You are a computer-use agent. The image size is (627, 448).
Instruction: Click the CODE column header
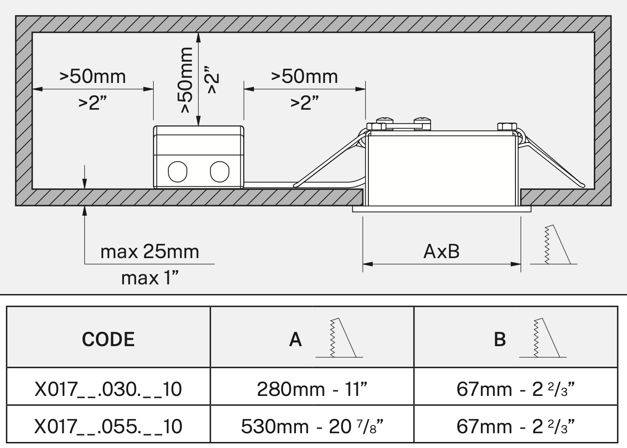pyautogui.click(x=108, y=339)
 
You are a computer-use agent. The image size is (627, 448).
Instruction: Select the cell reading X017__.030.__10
pyautogui.click(x=108, y=389)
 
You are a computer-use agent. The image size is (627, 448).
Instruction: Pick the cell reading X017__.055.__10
pyautogui.click(x=108, y=426)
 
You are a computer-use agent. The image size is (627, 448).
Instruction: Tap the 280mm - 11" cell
pyautogui.click(x=312, y=389)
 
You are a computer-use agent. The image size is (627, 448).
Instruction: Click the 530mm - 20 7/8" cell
pyautogui.click(x=312, y=426)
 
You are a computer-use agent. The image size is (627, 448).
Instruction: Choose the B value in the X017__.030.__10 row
pyautogui.click(x=515, y=389)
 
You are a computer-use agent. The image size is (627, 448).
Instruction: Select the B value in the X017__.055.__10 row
pyautogui.click(x=515, y=426)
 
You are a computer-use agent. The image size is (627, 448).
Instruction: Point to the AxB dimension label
pyautogui.click(x=441, y=252)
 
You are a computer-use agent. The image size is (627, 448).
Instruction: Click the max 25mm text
pyautogui.click(x=150, y=252)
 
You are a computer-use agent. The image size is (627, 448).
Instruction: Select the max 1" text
pyautogui.click(x=150, y=278)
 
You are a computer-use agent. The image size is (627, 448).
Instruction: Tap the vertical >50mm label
pyautogui.click(x=186, y=80)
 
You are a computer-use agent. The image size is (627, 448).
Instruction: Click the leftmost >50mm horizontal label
pyautogui.click(x=93, y=76)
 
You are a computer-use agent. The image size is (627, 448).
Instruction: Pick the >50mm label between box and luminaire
pyautogui.click(x=304, y=76)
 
